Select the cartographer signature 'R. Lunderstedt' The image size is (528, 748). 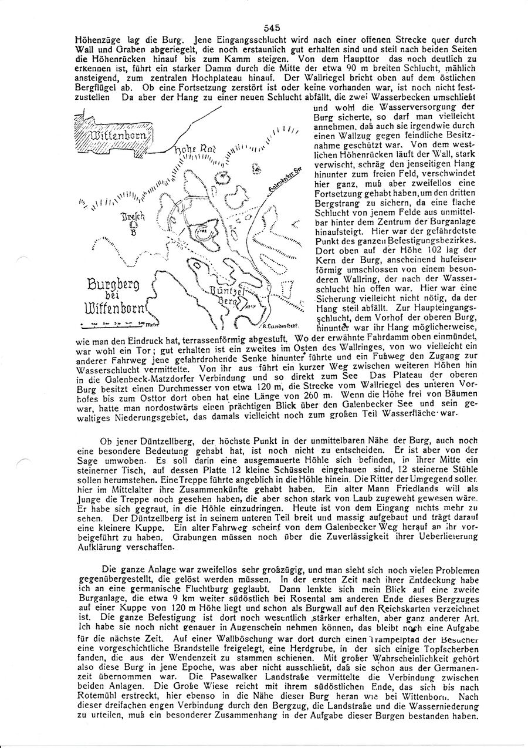point(283,325)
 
